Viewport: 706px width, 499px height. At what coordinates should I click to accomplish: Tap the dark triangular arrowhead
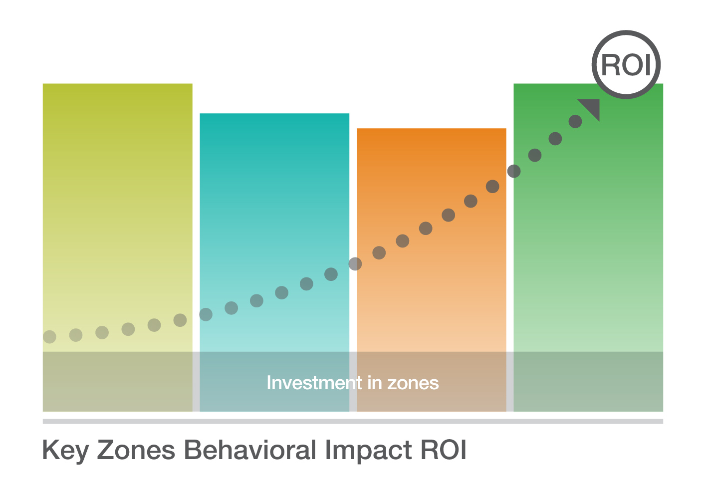(592, 107)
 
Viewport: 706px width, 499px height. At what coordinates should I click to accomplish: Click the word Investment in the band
(314, 383)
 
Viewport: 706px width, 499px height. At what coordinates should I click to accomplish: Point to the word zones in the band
(413, 384)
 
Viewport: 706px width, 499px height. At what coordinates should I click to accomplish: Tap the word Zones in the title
(136, 450)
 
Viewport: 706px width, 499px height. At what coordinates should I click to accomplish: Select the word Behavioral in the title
(250, 450)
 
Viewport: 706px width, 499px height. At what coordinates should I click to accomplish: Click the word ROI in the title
(444, 450)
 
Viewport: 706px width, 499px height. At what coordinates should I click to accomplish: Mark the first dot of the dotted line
(49, 337)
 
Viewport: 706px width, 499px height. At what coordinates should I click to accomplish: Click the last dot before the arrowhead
(575, 121)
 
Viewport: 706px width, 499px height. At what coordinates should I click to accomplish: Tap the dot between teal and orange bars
(355, 264)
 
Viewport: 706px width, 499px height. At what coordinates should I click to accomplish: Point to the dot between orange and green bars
(514, 171)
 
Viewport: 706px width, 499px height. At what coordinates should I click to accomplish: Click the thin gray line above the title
(353, 422)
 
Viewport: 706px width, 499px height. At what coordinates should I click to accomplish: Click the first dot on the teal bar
(206, 314)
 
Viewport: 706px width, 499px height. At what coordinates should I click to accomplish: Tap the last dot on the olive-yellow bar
(180, 320)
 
